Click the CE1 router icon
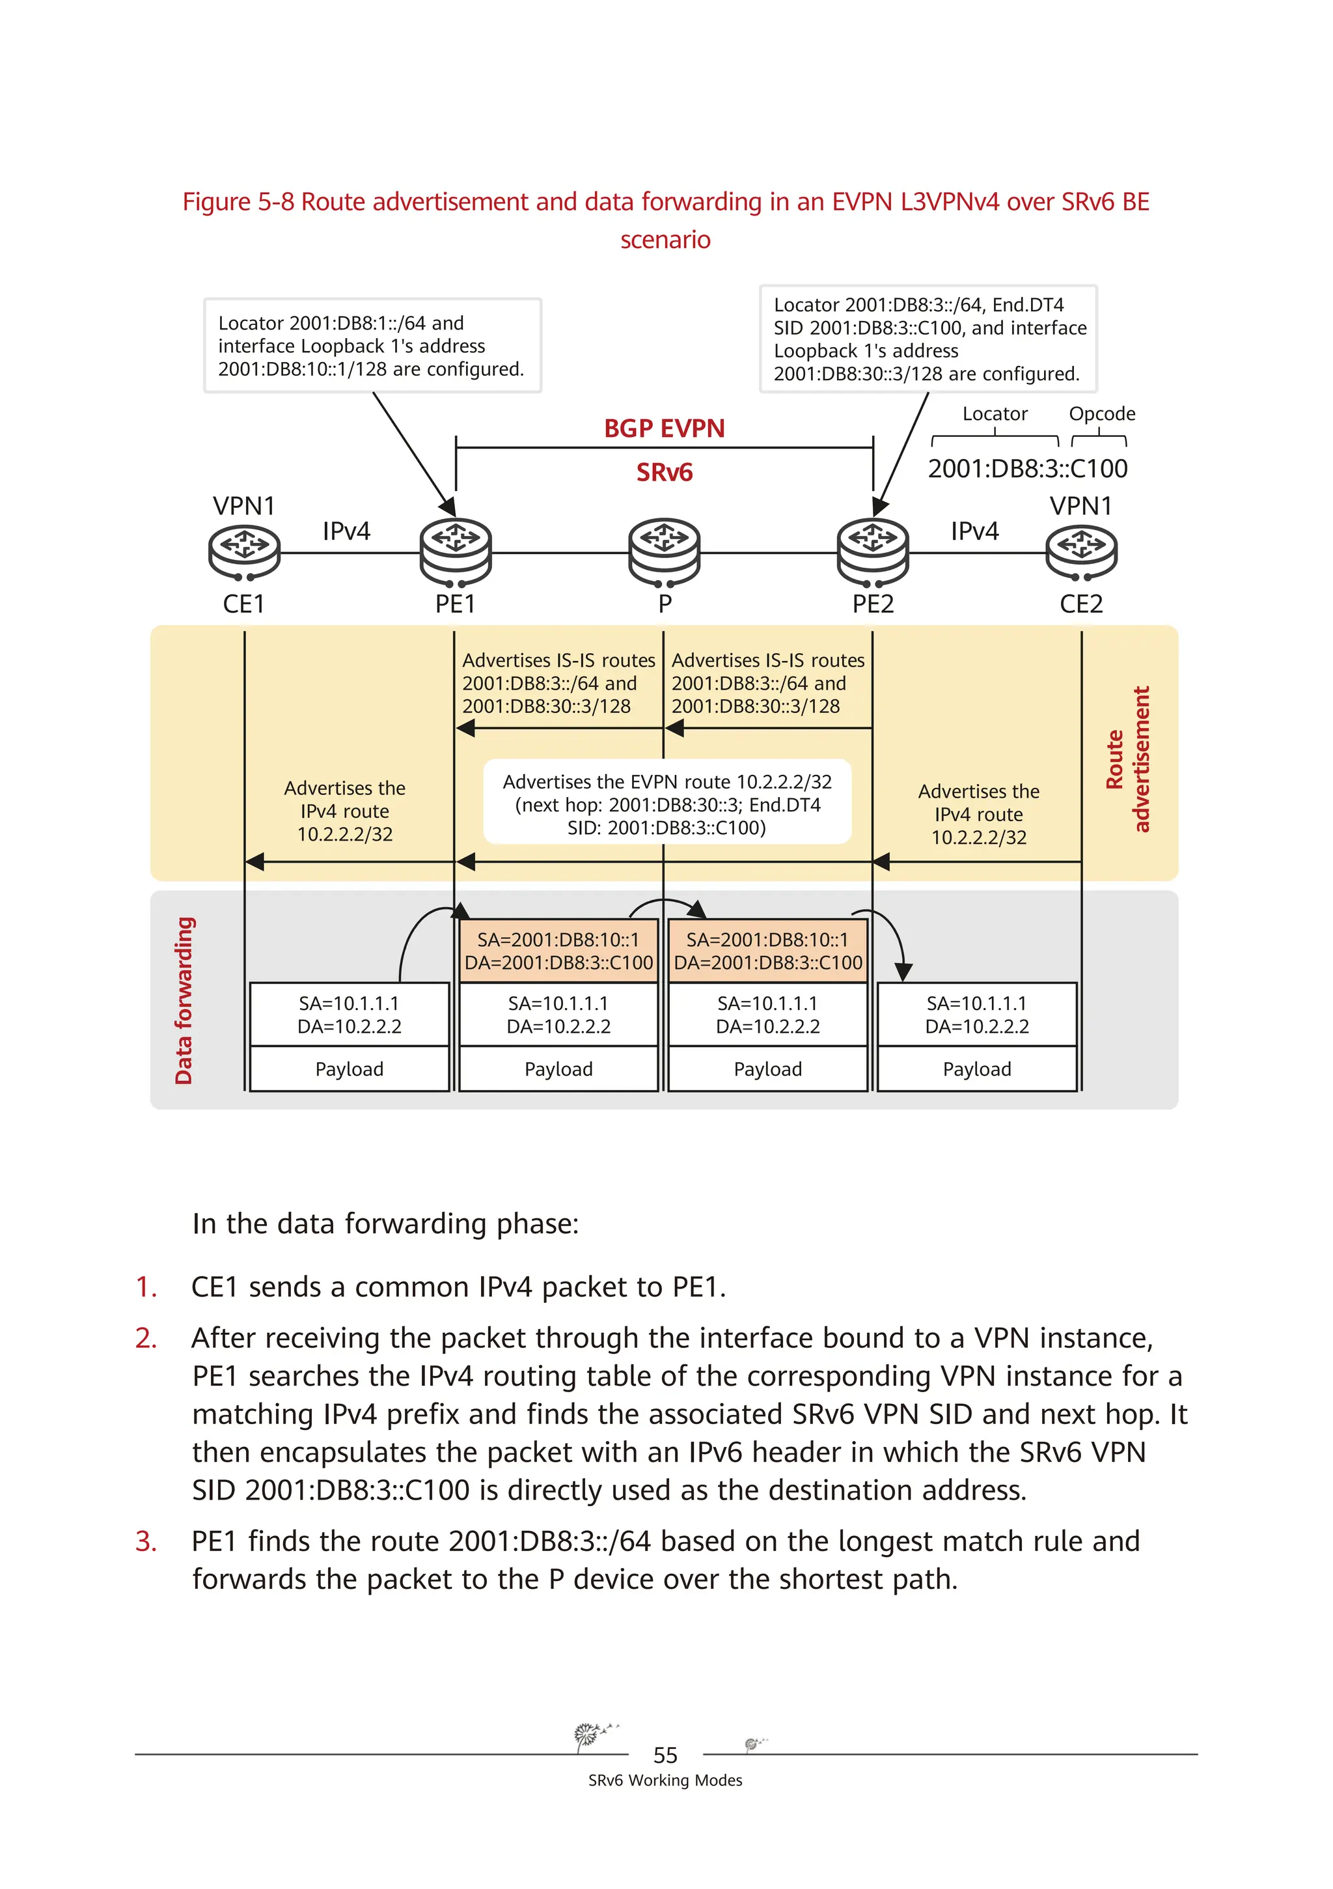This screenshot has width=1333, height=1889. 244,552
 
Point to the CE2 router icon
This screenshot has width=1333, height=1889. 1080,552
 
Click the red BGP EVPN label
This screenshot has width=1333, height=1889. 665,428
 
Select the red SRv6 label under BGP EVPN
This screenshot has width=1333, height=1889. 665,472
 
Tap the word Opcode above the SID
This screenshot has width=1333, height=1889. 1101,414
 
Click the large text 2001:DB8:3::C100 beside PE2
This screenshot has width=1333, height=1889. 1027,469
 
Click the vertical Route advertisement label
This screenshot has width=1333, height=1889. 1127,759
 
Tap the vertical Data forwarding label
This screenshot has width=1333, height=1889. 184,1000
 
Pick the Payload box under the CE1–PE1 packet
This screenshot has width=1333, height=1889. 350,1069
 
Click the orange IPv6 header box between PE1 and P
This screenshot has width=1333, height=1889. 558,951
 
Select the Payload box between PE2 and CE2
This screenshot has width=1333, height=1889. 976,1069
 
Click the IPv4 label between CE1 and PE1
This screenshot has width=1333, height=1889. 346,531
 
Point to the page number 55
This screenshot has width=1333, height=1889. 665,1755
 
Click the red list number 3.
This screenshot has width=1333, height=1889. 146,1541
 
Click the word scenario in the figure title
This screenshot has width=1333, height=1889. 665,240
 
